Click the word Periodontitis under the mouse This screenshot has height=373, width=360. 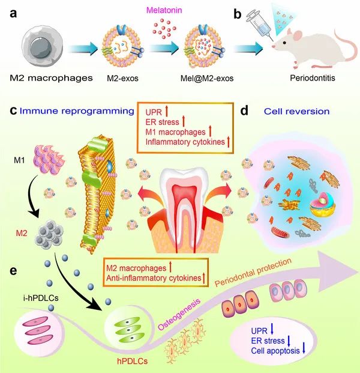click(311, 78)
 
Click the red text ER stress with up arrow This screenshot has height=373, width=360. click(166, 123)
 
